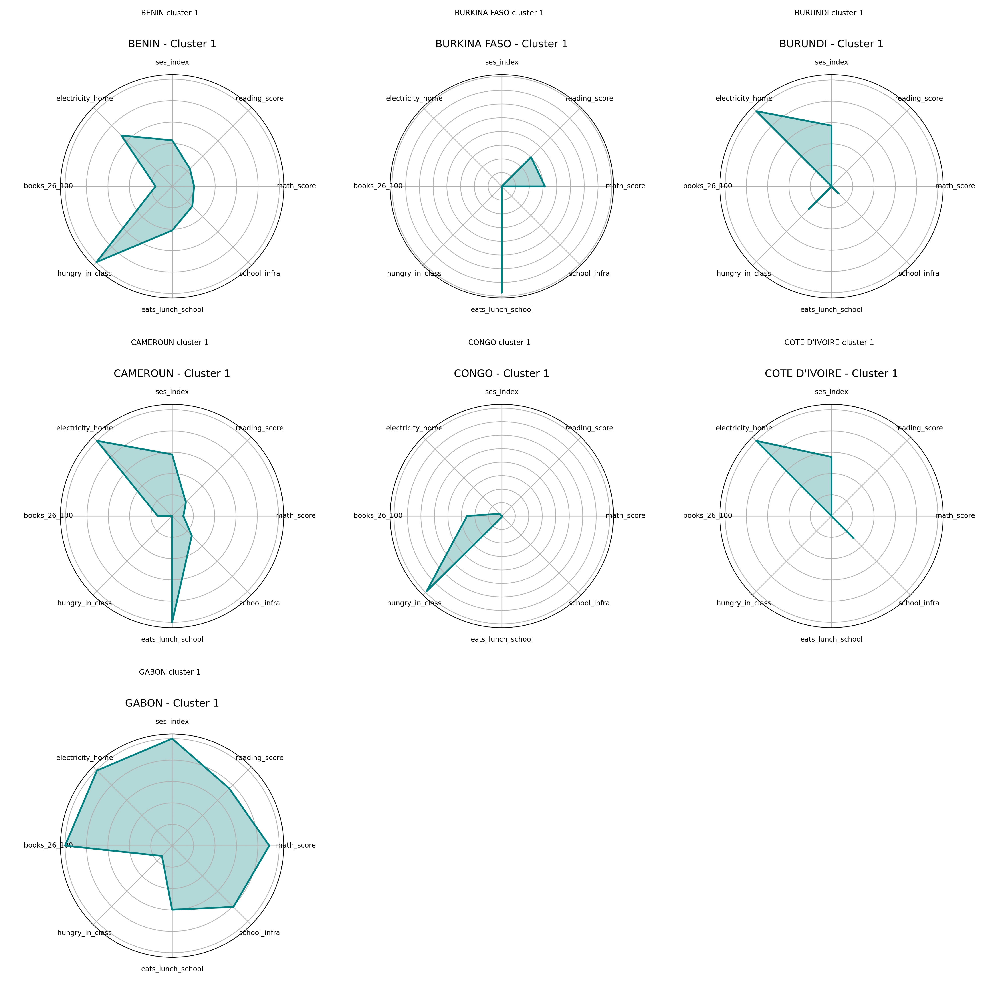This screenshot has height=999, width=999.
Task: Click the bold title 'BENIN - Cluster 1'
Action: [x=172, y=44]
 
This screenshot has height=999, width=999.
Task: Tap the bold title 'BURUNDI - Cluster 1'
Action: [x=831, y=44]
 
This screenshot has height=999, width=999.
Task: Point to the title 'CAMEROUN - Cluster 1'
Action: [x=172, y=373]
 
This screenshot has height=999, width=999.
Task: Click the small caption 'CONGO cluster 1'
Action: [x=499, y=342]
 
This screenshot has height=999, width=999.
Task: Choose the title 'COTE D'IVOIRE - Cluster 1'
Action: [x=831, y=373]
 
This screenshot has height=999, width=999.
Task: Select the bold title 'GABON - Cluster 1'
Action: [x=172, y=703]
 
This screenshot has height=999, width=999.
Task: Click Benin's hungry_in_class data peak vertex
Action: [x=97, y=262]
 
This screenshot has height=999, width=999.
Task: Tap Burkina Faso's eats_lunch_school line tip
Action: [x=501, y=293]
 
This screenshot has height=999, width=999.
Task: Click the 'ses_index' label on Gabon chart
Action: [x=172, y=721]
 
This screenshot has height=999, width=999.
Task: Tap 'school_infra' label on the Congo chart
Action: [x=589, y=603]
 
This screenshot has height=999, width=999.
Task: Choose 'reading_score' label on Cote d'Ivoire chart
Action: [x=918, y=428]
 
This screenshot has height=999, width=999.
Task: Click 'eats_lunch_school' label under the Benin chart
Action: [x=172, y=310]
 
